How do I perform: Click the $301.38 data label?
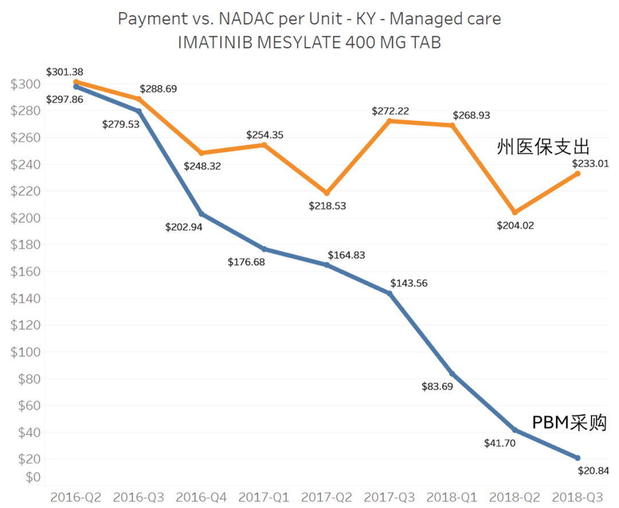point(65,72)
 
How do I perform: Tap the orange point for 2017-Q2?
point(327,193)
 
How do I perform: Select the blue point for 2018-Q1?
point(452,374)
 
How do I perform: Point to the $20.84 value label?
point(593,471)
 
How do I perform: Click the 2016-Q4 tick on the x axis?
point(201,497)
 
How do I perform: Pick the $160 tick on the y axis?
point(25,271)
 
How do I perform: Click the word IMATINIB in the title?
point(215,42)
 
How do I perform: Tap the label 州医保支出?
point(543,146)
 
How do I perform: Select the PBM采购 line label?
point(569,423)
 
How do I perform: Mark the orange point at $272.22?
point(390,121)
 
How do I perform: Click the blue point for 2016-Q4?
point(201,214)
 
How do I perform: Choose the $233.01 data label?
point(590,163)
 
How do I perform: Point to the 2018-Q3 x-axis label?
point(578,497)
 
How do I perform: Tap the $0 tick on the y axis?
point(33,477)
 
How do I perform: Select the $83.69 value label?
point(437,386)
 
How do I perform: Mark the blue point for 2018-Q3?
point(578,458)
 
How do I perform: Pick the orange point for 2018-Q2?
point(515,212)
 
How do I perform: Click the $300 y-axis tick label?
point(25,84)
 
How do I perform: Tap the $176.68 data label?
point(246,262)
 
